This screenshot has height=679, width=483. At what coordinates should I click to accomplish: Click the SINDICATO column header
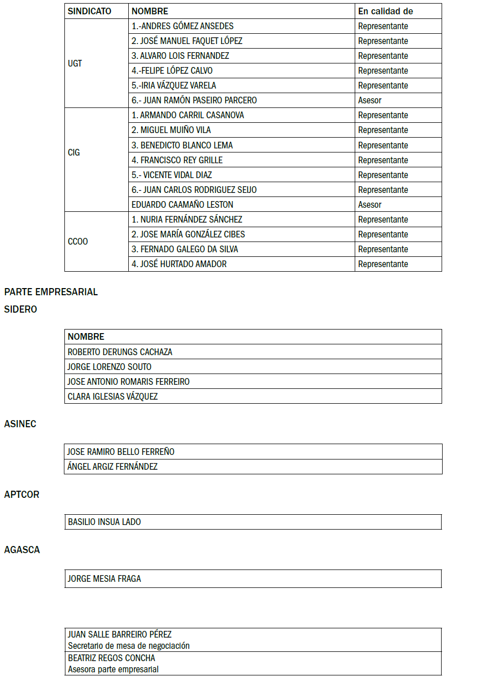click(89, 11)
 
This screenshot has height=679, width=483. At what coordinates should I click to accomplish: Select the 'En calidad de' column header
click(385, 11)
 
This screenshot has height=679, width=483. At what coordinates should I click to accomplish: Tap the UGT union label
click(75, 63)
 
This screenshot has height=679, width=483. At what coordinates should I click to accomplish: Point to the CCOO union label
click(78, 242)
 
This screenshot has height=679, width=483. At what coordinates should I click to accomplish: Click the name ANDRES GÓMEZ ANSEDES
click(182, 26)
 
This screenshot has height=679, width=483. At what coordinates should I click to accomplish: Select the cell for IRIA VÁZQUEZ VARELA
click(174, 85)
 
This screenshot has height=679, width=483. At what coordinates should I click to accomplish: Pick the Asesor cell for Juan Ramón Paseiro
click(370, 100)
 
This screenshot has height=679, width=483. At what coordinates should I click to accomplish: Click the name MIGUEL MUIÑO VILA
click(171, 130)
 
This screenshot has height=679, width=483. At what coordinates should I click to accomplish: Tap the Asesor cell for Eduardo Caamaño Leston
click(370, 205)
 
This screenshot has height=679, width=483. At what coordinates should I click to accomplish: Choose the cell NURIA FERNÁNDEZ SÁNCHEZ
click(187, 220)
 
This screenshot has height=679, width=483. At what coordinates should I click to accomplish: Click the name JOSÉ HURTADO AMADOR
click(179, 264)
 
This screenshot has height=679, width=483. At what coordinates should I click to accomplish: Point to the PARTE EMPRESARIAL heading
click(51, 292)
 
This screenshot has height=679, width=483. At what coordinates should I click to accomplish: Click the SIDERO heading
click(20, 310)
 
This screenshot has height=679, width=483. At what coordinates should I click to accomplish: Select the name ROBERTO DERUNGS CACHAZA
click(120, 352)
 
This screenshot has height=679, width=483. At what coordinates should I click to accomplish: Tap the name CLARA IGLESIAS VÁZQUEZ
click(112, 397)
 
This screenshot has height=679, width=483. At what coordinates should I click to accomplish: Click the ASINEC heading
click(20, 424)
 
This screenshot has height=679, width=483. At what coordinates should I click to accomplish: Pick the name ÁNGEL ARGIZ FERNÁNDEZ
click(112, 467)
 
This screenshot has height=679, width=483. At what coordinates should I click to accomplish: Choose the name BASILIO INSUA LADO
click(104, 522)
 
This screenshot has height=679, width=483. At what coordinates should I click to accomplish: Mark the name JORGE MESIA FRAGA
click(104, 579)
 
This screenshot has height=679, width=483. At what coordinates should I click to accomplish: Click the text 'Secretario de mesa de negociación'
click(129, 646)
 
